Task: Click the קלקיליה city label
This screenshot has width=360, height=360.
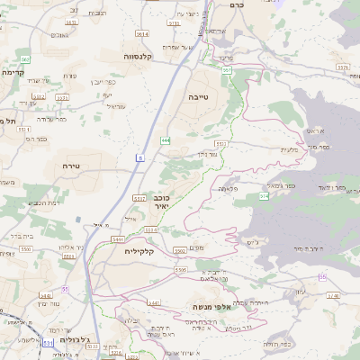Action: [x=141, y=252]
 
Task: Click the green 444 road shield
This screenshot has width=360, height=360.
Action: [x=166, y=140]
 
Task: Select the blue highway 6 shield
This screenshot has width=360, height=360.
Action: [x=140, y=158]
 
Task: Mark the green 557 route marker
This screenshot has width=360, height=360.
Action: [x=227, y=68]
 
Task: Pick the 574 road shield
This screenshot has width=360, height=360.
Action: [x=264, y=195]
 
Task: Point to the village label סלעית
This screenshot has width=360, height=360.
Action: [x=289, y=149]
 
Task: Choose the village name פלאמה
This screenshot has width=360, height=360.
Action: [x=228, y=189]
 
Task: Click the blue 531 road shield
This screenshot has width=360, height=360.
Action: [x=48, y=342]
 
